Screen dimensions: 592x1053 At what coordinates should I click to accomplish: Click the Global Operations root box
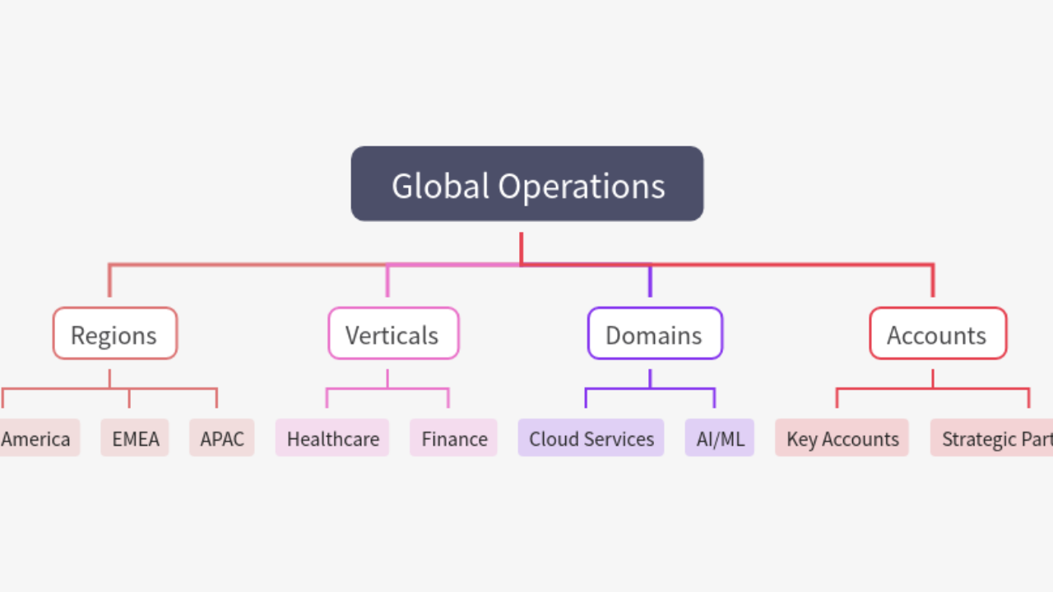point(526,183)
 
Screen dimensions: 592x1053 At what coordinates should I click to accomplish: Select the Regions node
point(114,334)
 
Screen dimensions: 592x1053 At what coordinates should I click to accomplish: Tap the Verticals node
point(392,334)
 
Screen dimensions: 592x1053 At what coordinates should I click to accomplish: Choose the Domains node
point(654,334)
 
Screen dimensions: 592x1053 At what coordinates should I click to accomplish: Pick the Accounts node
point(937,334)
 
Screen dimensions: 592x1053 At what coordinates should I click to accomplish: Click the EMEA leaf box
point(134,438)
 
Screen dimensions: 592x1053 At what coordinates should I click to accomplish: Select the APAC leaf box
point(221,438)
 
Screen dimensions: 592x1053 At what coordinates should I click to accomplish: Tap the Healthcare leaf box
point(332,438)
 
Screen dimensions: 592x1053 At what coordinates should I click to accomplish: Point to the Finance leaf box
point(453,438)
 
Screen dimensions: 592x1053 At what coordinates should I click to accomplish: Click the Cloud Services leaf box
point(591,438)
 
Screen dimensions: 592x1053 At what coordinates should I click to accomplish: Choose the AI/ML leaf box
point(719,438)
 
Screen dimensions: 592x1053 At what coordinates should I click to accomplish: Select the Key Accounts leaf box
point(842,438)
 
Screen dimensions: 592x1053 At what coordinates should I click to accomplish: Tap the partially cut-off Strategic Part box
point(992,438)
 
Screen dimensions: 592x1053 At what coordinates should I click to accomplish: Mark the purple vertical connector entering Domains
point(650,282)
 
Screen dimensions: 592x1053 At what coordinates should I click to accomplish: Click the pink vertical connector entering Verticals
point(387,282)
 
